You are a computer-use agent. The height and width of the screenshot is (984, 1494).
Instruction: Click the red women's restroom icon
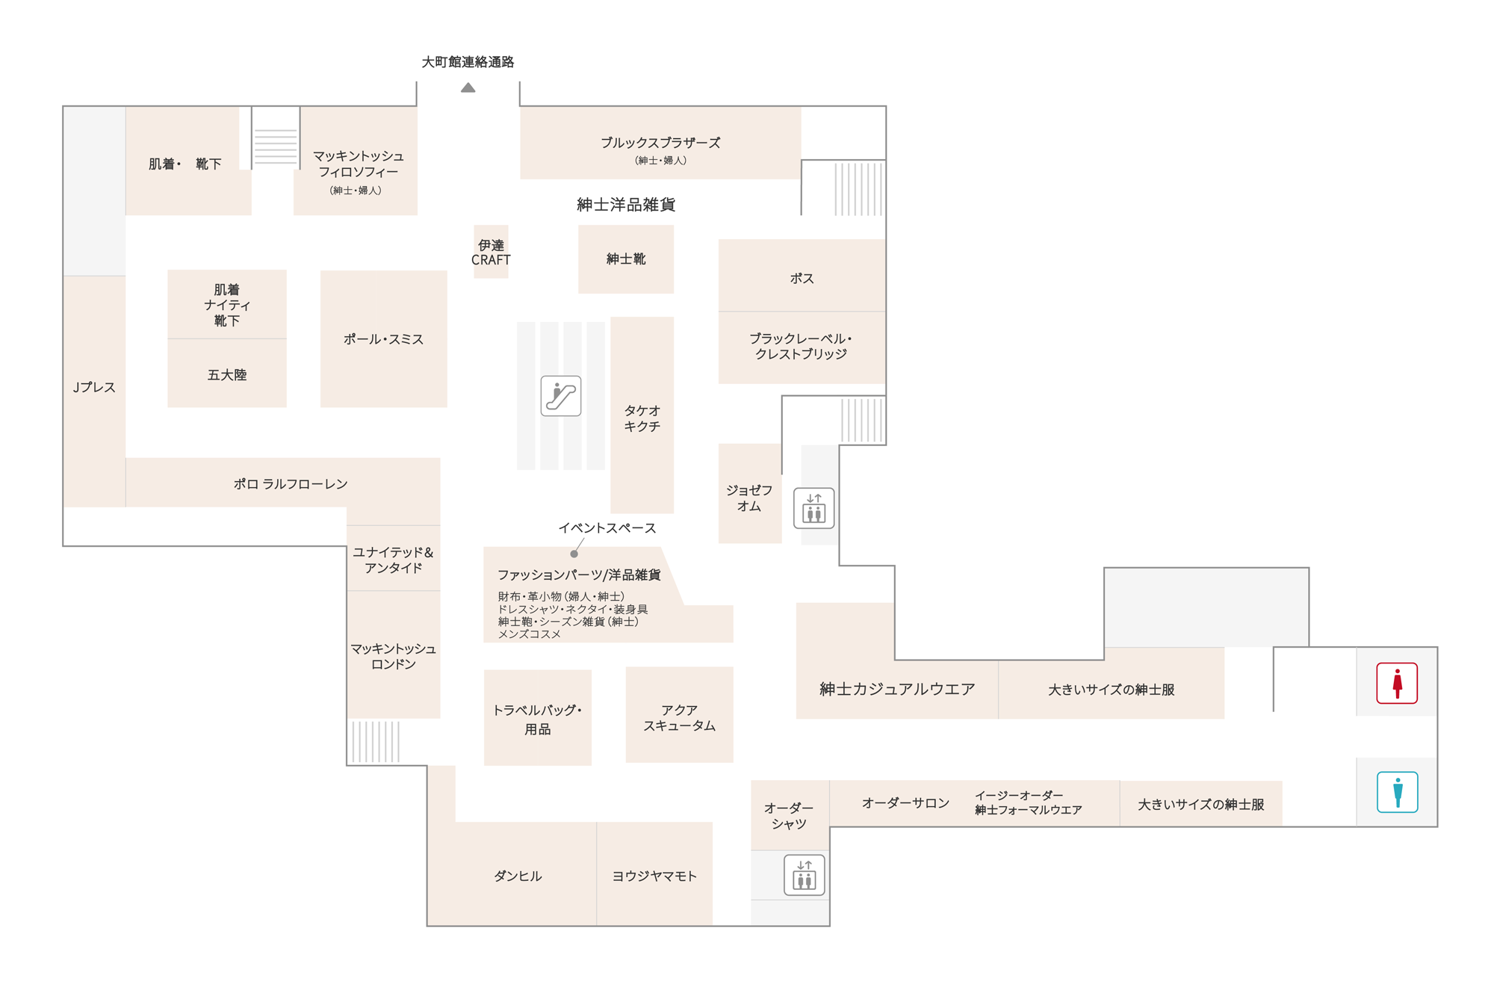click(x=1396, y=683)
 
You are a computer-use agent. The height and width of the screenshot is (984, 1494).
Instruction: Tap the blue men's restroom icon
click(x=1397, y=791)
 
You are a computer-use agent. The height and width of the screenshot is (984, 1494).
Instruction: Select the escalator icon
click(x=561, y=396)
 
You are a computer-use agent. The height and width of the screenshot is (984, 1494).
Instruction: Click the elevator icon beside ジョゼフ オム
click(x=813, y=508)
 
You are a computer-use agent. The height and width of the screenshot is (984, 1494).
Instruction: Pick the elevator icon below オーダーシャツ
click(x=804, y=874)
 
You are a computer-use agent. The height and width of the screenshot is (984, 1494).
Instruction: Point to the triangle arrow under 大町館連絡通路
click(x=468, y=87)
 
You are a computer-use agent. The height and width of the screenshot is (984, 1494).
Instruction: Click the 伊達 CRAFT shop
click(x=491, y=252)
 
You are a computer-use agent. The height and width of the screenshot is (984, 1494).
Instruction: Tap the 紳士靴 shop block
click(x=626, y=259)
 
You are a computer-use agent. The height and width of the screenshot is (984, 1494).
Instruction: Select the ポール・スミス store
click(x=384, y=338)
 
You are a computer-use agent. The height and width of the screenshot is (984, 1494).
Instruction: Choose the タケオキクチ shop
click(x=642, y=415)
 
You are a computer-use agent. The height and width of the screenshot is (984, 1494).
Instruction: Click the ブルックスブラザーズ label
click(x=660, y=143)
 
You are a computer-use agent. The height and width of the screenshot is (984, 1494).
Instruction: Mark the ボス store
click(x=802, y=275)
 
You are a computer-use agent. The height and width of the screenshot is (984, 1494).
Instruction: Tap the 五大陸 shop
click(x=227, y=374)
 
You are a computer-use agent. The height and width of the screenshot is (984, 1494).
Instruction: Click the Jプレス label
click(x=94, y=387)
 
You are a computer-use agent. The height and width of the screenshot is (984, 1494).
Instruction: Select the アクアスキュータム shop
click(x=680, y=714)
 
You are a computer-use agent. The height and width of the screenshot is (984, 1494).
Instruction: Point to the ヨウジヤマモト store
click(x=654, y=873)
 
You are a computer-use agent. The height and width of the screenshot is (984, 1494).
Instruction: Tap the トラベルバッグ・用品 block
click(x=538, y=717)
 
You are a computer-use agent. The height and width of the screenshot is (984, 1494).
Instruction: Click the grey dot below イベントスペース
click(x=574, y=554)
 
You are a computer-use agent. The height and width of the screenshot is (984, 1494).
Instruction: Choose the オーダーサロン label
click(x=905, y=803)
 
